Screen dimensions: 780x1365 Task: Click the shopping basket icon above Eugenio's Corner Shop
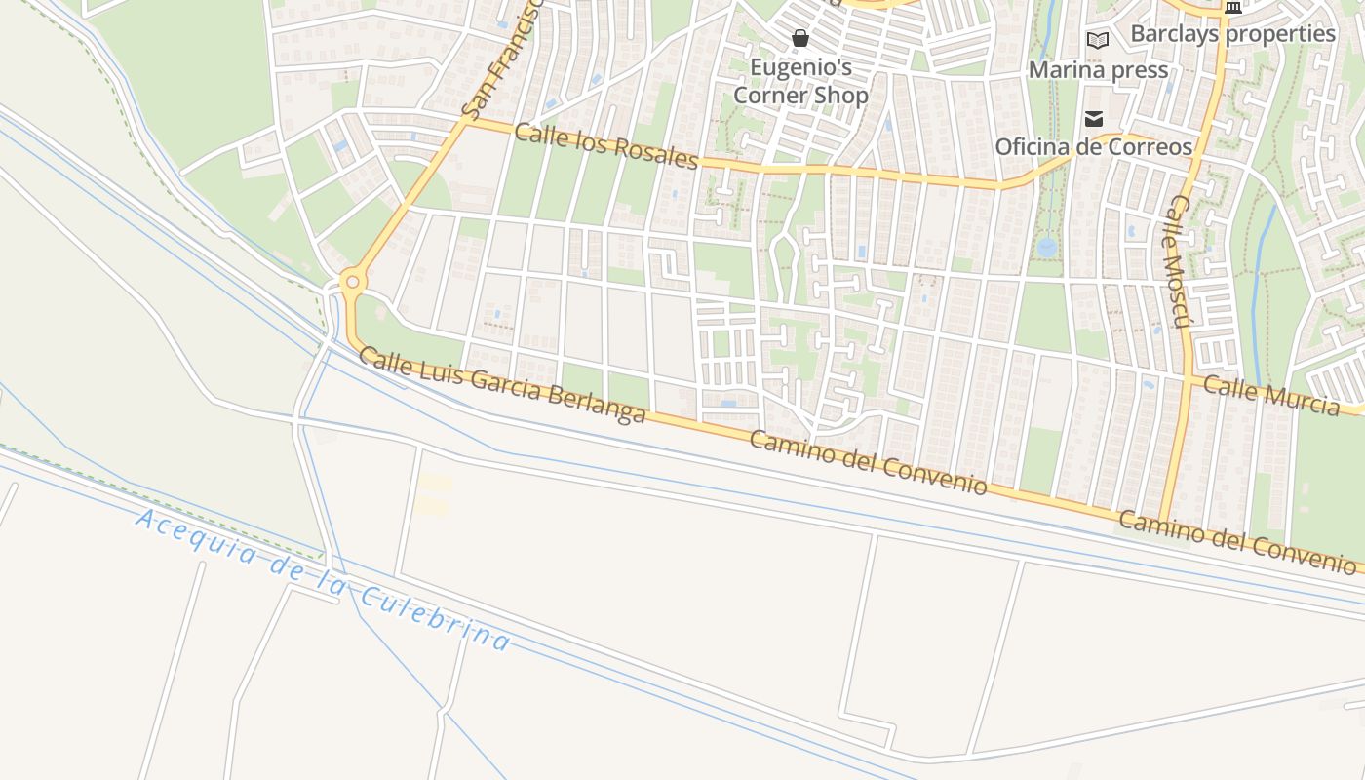click(800, 39)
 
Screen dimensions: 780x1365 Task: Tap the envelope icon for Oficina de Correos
click(1093, 119)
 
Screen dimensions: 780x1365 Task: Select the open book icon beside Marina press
click(1098, 40)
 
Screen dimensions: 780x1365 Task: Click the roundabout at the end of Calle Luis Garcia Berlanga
click(352, 283)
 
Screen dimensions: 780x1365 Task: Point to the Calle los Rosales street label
click(605, 145)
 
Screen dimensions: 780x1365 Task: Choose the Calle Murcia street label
click(1270, 394)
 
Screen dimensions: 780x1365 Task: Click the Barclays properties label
click(1232, 33)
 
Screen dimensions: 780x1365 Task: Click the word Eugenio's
click(800, 67)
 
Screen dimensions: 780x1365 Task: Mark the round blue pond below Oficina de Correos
click(1047, 247)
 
